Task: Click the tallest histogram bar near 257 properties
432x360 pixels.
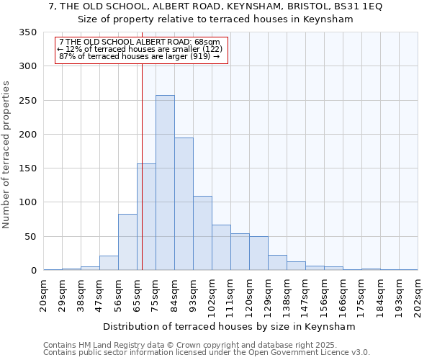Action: [165, 183]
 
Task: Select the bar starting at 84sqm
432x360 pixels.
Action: [184, 204]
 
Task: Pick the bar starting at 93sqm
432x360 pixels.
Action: [202, 233]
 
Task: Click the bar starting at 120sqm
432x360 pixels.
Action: [258, 253]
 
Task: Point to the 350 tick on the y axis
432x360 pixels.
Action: [28, 33]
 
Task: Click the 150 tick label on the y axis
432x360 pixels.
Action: [28, 168]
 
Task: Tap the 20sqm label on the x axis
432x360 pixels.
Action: [44, 297]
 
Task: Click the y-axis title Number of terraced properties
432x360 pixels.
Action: [7, 155]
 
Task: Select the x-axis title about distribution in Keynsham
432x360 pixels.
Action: [230, 326]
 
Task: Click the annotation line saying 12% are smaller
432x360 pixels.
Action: [140, 49]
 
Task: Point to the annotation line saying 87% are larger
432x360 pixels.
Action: [140, 56]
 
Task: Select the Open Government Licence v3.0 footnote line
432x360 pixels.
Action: [207, 353]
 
